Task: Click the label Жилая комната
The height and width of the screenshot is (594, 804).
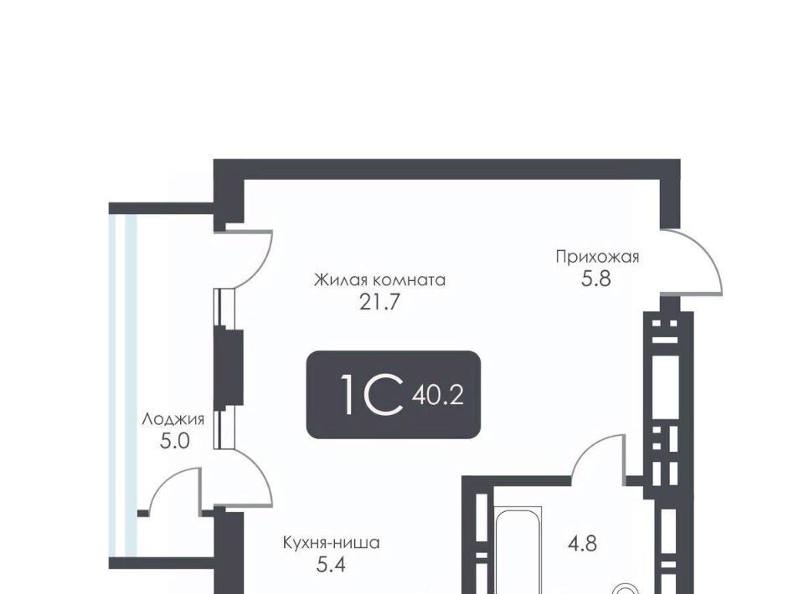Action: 379,280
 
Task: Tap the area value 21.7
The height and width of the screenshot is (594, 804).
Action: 379,303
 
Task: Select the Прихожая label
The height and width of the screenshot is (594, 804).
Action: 597,256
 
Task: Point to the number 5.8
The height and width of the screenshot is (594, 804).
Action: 595,279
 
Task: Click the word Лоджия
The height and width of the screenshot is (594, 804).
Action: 173,419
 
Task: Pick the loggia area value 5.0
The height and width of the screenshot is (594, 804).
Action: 175,441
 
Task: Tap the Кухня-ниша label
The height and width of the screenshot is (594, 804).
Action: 332,542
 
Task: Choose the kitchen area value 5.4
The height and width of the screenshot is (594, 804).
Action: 331,564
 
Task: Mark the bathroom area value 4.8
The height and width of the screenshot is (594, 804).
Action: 582,543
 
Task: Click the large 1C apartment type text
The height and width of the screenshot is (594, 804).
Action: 372,394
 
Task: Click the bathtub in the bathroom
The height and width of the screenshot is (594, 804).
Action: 518,550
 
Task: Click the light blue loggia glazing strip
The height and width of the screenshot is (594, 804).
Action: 124,384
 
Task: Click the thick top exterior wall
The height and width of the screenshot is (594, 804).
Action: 446,169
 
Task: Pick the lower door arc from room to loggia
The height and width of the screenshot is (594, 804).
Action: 261,474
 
